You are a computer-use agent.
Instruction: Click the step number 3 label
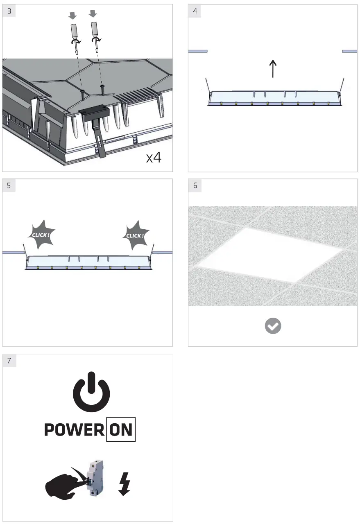[9, 11]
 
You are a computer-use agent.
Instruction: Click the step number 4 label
[195, 11]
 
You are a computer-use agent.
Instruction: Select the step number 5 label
[9, 185]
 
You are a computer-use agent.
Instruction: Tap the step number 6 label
[195, 185]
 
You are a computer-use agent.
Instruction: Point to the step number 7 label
[9, 361]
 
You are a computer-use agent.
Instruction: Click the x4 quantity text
[154, 157]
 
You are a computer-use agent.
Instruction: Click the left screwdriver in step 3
[74, 35]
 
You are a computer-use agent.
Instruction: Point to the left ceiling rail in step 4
[198, 51]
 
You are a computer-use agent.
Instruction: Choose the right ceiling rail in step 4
[349, 51]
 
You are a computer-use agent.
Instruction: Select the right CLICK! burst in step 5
[135, 236]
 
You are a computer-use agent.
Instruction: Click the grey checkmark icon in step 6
[273, 326]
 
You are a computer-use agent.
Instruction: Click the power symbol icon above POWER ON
[91, 393]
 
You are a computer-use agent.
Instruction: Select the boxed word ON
[121, 430]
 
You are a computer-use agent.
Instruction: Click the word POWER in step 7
[74, 430]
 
